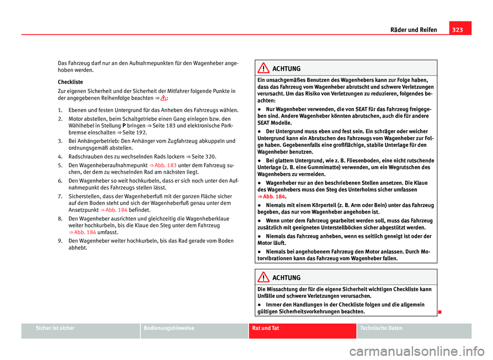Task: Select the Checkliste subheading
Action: (x=70, y=82)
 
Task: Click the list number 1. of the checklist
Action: (x=61, y=110)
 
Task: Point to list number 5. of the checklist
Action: (x=61, y=165)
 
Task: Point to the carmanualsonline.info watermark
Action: (x=405, y=351)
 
